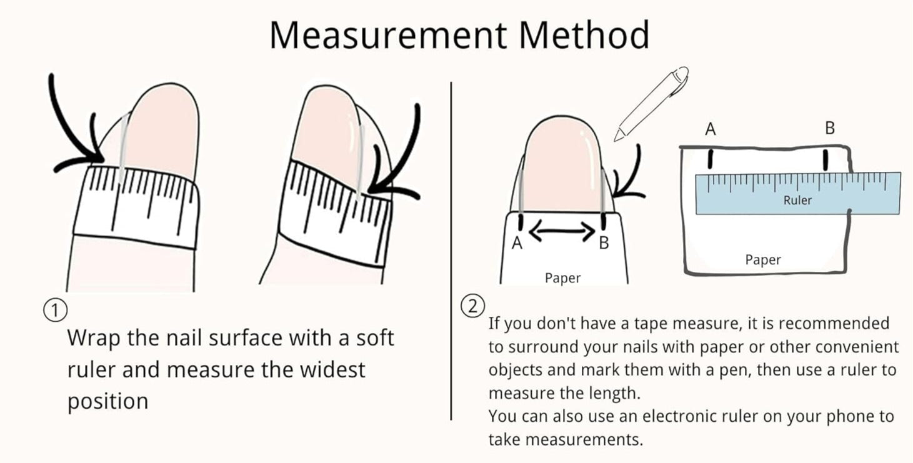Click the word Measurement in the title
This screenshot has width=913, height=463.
click(388, 35)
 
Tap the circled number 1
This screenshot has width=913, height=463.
click(56, 311)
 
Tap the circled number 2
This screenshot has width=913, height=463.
click(472, 306)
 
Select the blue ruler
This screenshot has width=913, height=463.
click(798, 193)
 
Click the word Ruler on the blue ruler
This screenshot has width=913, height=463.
click(797, 200)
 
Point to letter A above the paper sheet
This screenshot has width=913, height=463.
click(711, 129)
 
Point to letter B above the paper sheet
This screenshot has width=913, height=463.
click(830, 128)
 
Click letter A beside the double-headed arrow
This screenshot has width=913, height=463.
click(517, 243)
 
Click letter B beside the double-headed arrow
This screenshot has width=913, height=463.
click(604, 243)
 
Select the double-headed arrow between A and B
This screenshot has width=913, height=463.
click(562, 231)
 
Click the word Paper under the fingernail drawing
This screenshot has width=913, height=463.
click(562, 278)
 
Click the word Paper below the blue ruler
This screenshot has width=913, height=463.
click(763, 260)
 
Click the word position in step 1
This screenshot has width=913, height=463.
click(107, 402)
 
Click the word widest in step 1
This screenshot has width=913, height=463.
click(332, 370)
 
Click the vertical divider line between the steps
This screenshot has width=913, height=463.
click(451, 251)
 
